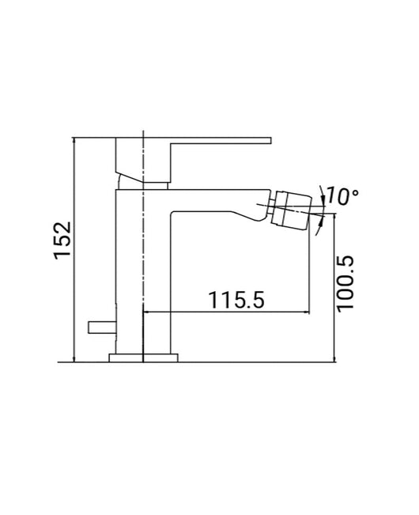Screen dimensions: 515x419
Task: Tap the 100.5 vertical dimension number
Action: point(349,282)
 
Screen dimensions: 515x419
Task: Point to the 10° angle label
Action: point(342,195)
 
